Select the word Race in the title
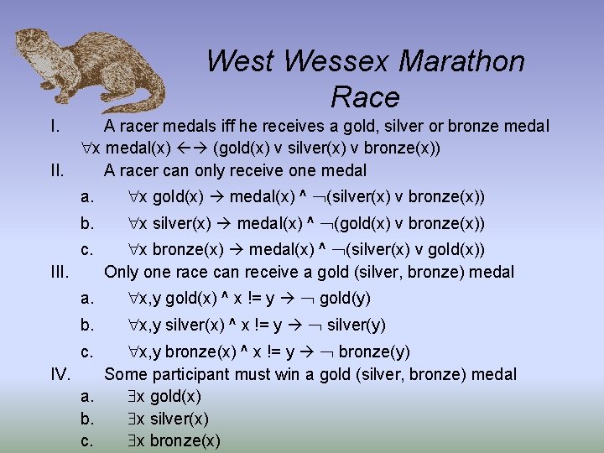click(365, 97)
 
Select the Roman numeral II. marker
click(57, 170)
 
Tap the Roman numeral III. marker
click(60, 272)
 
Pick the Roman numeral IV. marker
click(61, 374)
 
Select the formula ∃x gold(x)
click(164, 396)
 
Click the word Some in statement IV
click(124, 374)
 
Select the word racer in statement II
click(140, 170)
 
